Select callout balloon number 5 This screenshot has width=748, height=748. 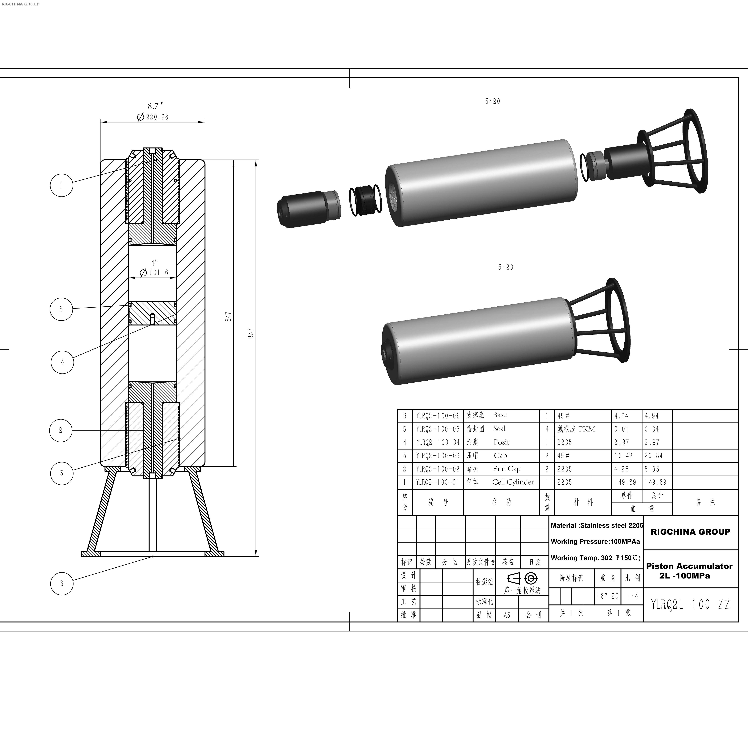(x=61, y=309)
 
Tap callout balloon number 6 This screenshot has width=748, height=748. (x=62, y=583)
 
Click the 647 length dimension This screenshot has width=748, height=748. (x=228, y=317)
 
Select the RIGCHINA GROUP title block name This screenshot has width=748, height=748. (x=690, y=532)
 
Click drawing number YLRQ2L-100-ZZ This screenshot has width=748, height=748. (x=690, y=604)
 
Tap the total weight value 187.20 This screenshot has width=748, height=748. (x=607, y=596)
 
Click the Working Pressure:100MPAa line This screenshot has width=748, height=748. (x=595, y=542)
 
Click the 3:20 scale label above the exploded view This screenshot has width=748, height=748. (x=492, y=101)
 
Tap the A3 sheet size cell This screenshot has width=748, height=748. (x=507, y=615)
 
